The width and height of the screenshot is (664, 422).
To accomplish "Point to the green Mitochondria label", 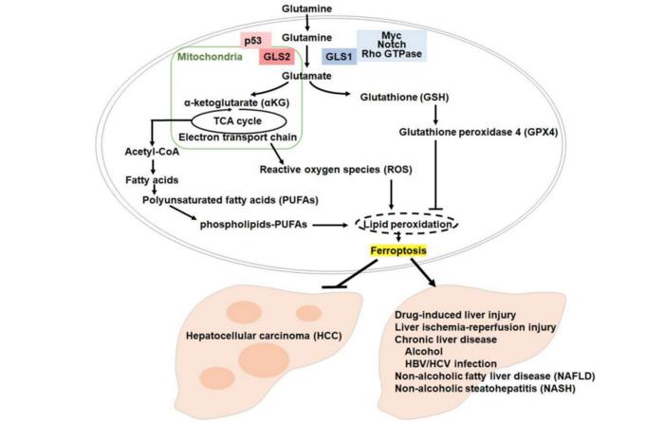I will [211, 58].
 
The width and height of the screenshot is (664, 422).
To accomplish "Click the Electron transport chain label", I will [240, 138].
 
